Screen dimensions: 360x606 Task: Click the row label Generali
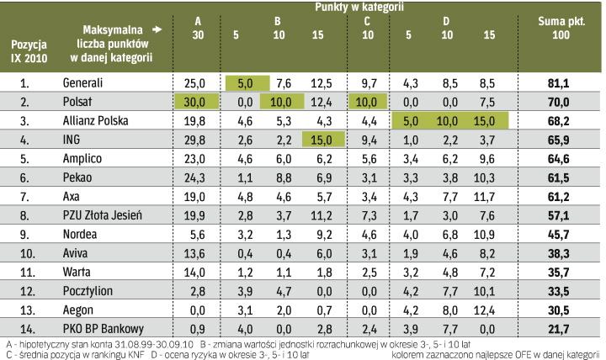[x=83, y=83]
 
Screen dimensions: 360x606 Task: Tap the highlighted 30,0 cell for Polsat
[x=195, y=102]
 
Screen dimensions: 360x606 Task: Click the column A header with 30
[x=199, y=29]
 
